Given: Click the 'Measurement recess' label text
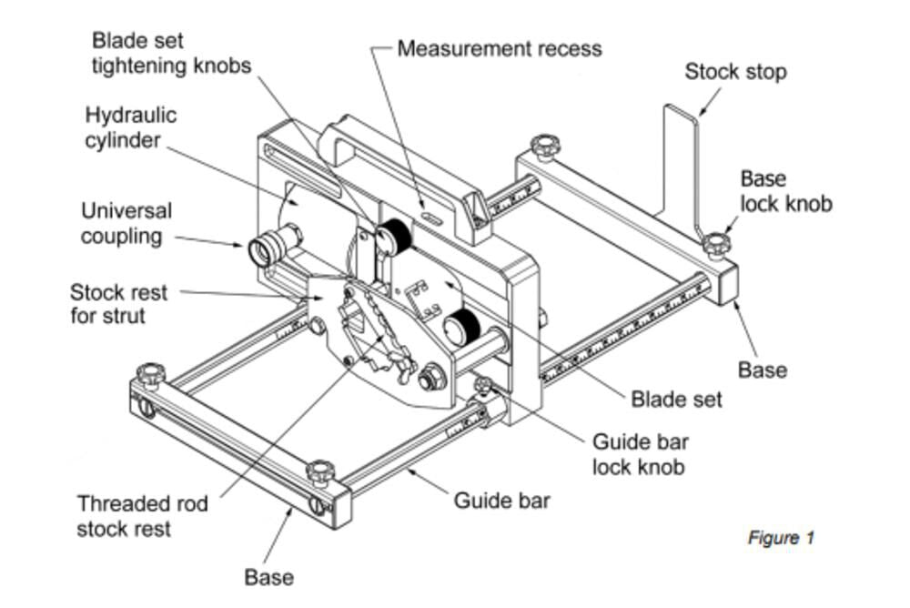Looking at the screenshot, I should click(500, 47).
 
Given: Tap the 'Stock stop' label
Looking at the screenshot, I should click(735, 71).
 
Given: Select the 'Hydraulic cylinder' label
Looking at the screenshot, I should click(131, 128).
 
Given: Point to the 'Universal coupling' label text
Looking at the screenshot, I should click(126, 223).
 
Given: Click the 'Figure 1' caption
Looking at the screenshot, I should click(781, 538).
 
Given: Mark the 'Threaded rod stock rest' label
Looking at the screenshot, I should click(142, 516).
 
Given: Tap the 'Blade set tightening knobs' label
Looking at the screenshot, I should click(171, 54).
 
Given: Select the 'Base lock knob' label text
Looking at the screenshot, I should click(785, 191).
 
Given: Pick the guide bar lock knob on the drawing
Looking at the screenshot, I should click(483, 388).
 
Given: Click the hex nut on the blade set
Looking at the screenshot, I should click(428, 374).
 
